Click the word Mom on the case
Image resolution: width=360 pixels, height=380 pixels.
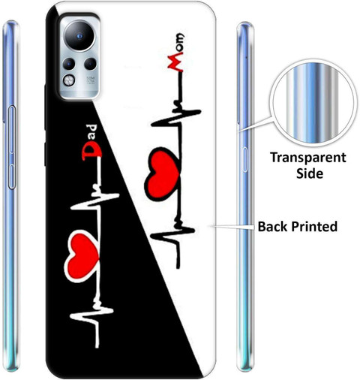[x=176, y=53]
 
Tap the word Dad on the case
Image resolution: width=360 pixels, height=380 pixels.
[x=91, y=142]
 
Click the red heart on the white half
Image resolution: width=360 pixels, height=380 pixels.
[x=163, y=174]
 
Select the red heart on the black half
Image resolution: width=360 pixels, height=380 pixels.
[x=82, y=256]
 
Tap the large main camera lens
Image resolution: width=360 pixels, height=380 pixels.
[x=79, y=36]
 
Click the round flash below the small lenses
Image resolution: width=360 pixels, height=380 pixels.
[x=69, y=80]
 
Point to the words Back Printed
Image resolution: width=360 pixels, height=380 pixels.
[x=298, y=226]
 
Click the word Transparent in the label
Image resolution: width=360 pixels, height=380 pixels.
[x=308, y=158]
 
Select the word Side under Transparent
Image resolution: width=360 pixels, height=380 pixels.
[x=310, y=173]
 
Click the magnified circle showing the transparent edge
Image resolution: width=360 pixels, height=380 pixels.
[x=312, y=103]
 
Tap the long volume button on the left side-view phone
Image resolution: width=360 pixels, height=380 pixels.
[x=12, y=129]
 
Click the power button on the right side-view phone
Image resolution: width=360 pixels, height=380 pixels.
[x=245, y=160]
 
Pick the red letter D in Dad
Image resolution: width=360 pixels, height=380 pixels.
[x=91, y=152]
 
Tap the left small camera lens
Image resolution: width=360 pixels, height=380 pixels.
[x=69, y=64]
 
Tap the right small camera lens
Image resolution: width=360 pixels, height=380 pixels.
[x=90, y=64]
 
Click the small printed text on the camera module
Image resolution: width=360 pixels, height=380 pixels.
[x=91, y=80]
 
